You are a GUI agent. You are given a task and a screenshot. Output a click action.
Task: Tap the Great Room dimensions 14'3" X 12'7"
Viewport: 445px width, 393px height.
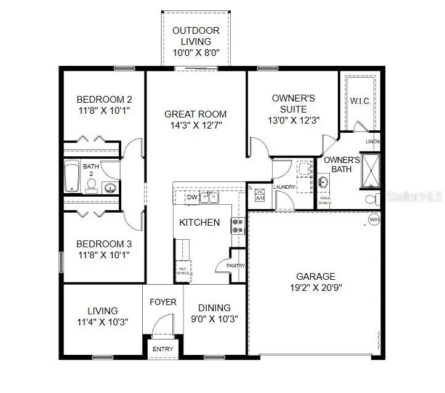(195, 125)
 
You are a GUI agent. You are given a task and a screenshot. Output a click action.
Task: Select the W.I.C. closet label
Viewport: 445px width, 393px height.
(360, 101)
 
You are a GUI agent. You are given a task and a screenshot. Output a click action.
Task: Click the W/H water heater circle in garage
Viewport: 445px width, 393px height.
(374, 220)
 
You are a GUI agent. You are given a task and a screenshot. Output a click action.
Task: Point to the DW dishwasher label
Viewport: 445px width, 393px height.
(191, 197)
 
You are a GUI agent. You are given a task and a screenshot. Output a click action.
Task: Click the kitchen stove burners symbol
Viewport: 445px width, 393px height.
(237, 226)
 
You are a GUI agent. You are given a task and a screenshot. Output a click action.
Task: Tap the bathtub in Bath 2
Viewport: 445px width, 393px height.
(71, 177)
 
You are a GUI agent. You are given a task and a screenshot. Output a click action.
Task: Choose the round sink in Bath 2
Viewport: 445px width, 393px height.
(110, 188)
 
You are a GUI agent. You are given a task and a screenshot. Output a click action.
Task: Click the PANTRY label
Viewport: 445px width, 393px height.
(236, 266)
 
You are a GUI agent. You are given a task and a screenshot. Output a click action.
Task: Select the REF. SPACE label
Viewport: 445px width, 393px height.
(183, 270)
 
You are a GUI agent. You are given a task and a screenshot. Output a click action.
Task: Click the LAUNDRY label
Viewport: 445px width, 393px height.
(285, 187)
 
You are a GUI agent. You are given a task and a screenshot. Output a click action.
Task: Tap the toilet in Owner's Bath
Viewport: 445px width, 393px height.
(371, 199)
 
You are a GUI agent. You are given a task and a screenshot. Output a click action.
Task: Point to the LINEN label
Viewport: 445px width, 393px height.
(372, 141)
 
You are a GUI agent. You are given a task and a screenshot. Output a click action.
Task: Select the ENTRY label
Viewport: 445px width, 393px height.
(163, 349)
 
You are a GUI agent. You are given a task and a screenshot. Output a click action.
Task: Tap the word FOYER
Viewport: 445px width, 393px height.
(163, 302)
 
